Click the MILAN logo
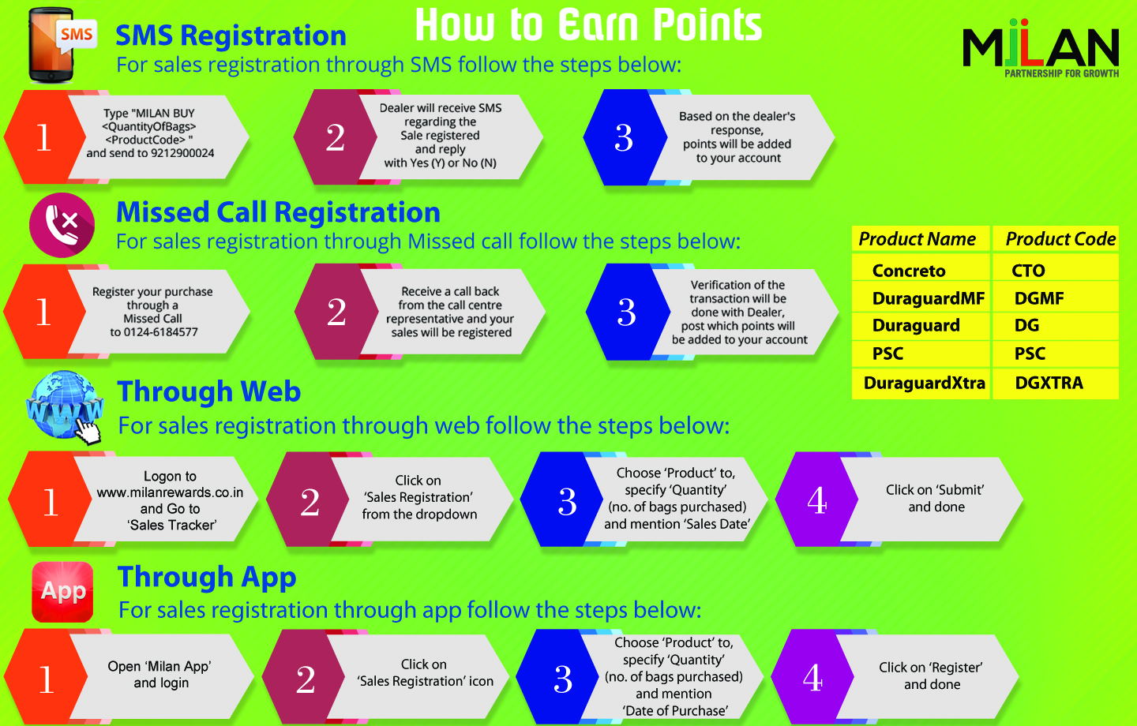[x=1041, y=48]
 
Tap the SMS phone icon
[x=61, y=46]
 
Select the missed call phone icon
[x=62, y=225]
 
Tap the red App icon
[x=62, y=592]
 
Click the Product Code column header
[x=1060, y=239]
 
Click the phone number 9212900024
[x=182, y=153]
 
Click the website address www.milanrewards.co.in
[x=170, y=492]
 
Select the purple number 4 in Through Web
[x=817, y=501]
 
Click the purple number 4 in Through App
[x=812, y=678]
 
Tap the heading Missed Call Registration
[x=278, y=212]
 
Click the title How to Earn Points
[x=589, y=24]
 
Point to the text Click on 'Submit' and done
[x=936, y=498]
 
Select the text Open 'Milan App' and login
[x=159, y=675]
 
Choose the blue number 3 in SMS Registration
[x=624, y=137]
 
